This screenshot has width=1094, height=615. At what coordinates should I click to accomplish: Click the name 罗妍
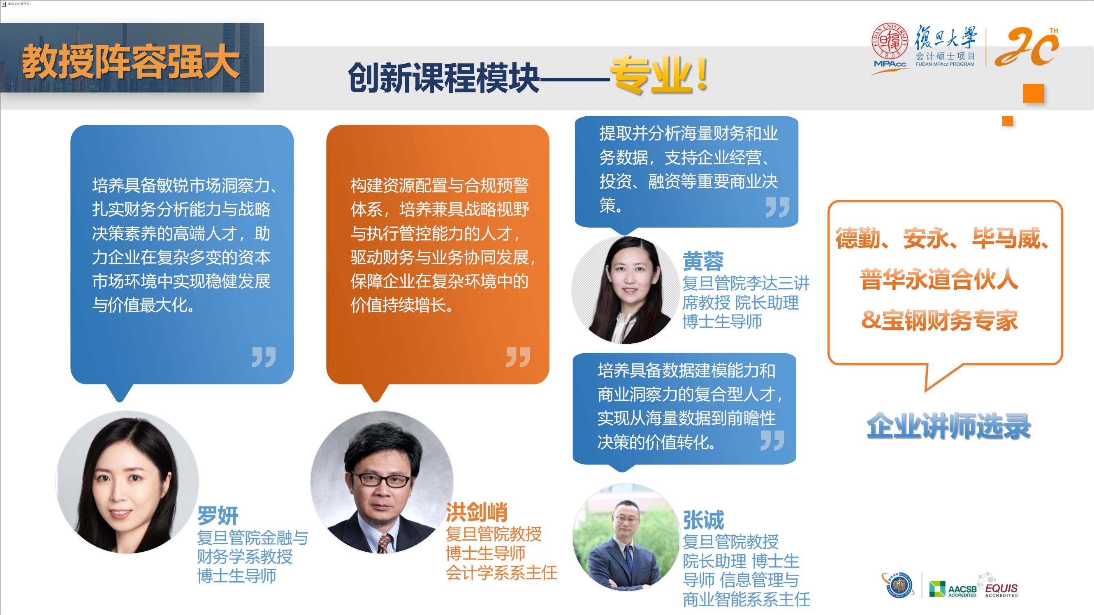(218, 516)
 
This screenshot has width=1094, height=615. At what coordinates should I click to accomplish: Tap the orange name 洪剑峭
(477, 512)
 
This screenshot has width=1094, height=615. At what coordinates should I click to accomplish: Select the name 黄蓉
(703, 261)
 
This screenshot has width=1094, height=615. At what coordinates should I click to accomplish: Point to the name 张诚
(703, 520)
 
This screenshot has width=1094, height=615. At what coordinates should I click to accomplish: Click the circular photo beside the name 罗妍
(127, 482)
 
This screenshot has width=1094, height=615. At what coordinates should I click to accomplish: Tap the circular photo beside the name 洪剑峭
(382, 482)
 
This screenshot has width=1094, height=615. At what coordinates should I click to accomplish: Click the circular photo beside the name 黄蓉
(626, 290)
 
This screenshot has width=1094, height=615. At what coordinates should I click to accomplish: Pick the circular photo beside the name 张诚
(626, 537)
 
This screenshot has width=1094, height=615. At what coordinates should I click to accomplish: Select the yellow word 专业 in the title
(651, 76)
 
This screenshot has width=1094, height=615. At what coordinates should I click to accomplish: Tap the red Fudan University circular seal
(890, 42)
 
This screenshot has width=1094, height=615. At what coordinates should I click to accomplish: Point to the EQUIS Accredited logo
(999, 586)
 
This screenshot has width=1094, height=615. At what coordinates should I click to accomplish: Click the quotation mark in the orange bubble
(518, 357)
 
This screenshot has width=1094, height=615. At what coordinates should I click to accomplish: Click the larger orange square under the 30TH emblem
(1033, 93)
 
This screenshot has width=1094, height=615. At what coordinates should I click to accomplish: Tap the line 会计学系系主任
(501, 573)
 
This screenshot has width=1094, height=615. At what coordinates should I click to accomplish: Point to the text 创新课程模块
(444, 78)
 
